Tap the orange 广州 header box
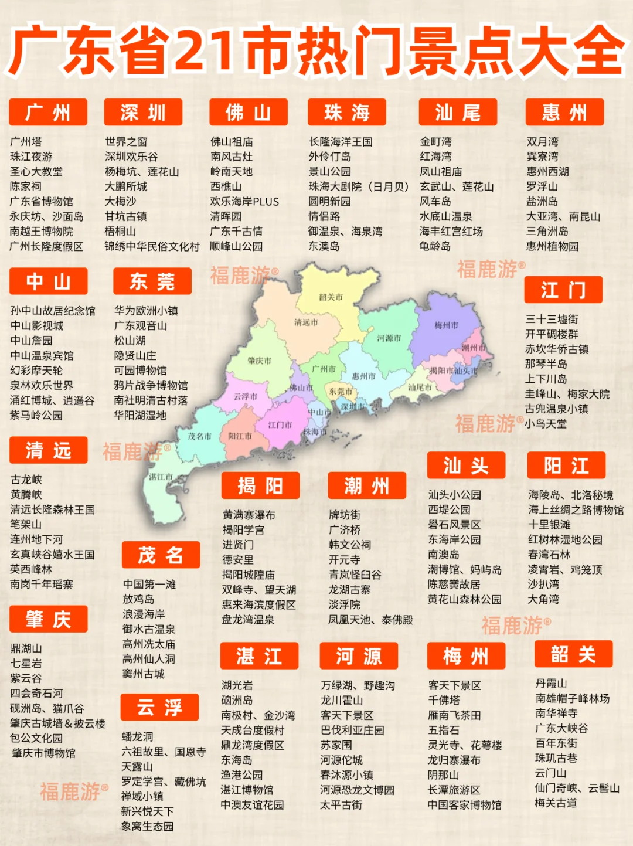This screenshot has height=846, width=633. pyautogui.click(x=48, y=112)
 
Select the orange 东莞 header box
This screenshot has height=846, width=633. pyautogui.click(x=152, y=281)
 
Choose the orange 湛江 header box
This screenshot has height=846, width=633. pyautogui.click(x=259, y=656)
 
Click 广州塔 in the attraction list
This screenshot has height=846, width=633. pyautogui.click(x=26, y=142)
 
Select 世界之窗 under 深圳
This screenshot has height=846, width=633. pyautogui.click(x=126, y=142)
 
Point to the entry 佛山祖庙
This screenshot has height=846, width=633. pyautogui.click(x=232, y=142)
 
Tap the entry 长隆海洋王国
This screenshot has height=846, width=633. pyautogui.click(x=341, y=142)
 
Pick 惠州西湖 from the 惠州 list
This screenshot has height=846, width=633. pyautogui.click(x=547, y=172)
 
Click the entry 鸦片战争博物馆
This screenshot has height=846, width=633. pyautogui.click(x=151, y=385)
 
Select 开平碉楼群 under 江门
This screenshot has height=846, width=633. pyautogui.click(x=552, y=334)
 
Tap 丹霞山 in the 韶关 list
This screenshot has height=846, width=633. pyautogui.click(x=551, y=684)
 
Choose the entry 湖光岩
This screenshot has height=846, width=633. pyautogui.click(x=237, y=685)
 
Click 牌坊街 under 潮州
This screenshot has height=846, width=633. pyautogui.click(x=345, y=515)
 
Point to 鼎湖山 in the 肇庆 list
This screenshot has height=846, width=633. pyautogui.click(x=26, y=648)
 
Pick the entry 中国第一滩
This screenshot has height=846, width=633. pyautogui.click(x=149, y=585)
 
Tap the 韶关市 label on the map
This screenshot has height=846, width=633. pyautogui.click(x=331, y=297)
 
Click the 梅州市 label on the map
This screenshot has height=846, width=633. pyautogui.click(x=447, y=325)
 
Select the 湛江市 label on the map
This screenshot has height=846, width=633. pyautogui.click(x=161, y=477)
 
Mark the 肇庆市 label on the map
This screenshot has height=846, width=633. pyautogui.click(x=259, y=361)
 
